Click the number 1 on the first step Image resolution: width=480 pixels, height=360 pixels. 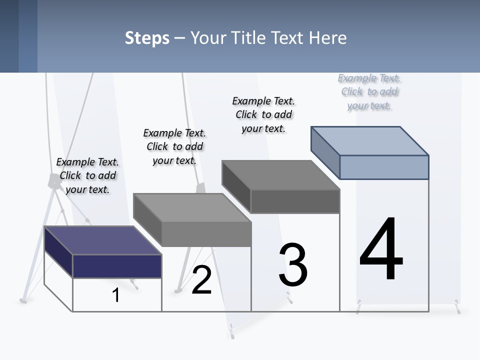116,295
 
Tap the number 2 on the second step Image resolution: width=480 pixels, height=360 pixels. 201,280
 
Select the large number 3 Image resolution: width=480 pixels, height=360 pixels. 293,265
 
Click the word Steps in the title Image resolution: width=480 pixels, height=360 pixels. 147,38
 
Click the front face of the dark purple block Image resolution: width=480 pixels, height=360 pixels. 117,266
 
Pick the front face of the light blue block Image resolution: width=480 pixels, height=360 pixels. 384,167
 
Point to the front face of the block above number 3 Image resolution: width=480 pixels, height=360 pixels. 295,201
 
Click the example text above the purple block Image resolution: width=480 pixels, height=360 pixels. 87,175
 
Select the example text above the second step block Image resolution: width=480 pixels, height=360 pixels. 174,146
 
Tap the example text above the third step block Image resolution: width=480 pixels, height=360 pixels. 263,114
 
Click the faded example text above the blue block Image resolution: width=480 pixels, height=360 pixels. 369,91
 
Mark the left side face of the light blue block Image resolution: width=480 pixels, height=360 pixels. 325,152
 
